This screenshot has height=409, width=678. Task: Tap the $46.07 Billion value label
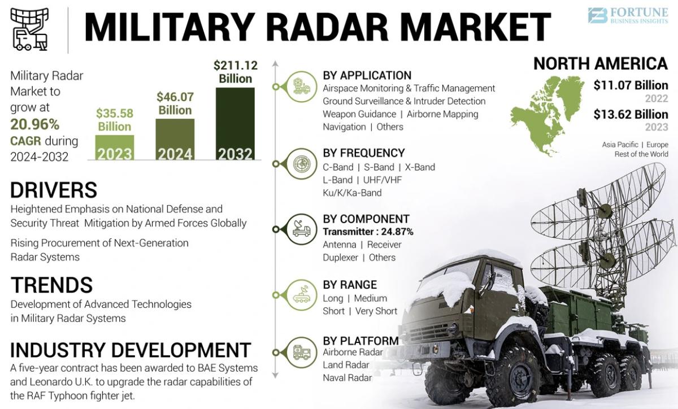tap(175, 103)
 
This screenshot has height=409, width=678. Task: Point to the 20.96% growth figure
tap(34, 124)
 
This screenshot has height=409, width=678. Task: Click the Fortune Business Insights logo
tap(627, 15)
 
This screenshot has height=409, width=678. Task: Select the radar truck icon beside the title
tap(29, 29)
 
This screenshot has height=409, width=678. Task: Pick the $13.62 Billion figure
tap(631, 115)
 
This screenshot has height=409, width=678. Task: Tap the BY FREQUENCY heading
tap(364, 153)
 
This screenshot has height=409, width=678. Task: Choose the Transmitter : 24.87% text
tap(368, 232)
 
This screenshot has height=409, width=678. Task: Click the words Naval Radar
tap(347, 378)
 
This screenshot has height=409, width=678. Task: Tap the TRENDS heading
tap(51, 285)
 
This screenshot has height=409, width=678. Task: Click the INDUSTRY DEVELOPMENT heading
tap(131, 350)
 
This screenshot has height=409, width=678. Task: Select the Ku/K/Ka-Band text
tap(352, 193)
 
